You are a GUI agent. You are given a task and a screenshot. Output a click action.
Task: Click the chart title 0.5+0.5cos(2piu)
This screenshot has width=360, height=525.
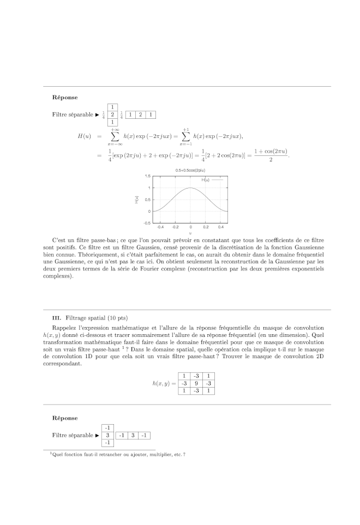coord(190,171)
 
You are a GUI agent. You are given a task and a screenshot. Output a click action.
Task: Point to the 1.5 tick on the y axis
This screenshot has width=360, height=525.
coord(148,177)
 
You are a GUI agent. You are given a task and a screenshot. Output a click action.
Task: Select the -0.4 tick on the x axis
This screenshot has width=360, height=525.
coord(160,227)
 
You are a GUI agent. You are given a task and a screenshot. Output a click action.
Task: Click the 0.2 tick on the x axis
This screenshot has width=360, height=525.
coord(206,227)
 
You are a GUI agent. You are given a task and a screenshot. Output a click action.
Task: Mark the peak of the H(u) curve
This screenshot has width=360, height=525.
coord(190,188)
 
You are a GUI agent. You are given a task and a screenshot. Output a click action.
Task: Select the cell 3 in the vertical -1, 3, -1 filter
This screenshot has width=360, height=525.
coord(108,435)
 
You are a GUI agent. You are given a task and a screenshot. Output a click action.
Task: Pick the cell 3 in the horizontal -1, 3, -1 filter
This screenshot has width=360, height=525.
coord(133,435)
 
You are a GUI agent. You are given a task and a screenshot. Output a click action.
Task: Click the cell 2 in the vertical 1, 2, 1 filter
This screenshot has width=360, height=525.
coord(112,115)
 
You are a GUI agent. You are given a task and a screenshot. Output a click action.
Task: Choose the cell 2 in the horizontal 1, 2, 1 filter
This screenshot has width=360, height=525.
coord(141,115)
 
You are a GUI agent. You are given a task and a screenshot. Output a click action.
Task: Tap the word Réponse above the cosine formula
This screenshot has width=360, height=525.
coord(65,97)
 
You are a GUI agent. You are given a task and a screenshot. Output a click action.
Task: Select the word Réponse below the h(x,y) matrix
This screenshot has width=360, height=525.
coord(65,418)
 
